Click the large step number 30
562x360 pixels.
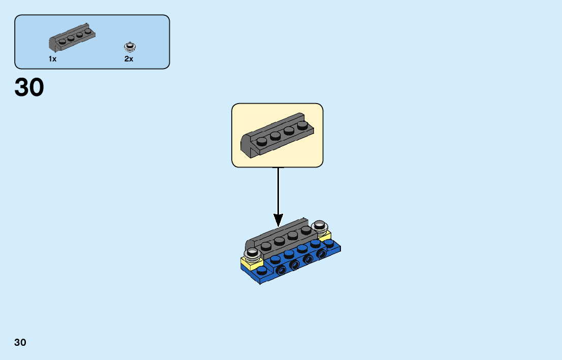pyautogui.click(x=29, y=88)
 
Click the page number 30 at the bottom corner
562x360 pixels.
pyautogui.click(x=20, y=342)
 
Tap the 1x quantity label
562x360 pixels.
pyautogui.click(x=52, y=59)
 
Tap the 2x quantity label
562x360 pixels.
pyautogui.click(x=129, y=59)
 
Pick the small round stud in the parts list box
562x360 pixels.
pyautogui.click(x=131, y=47)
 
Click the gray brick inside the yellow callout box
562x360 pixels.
pyautogui.click(x=277, y=134)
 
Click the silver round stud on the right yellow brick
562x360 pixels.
pyautogui.click(x=320, y=225)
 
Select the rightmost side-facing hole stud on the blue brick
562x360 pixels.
pyautogui.click(x=321, y=254)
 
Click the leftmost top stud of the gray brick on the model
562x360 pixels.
pyautogui.click(x=266, y=246)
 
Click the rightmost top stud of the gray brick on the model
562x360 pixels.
pyautogui.click(x=306, y=230)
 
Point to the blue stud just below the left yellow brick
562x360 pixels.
pyautogui.click(x=261, y=270)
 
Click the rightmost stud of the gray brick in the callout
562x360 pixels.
pyautogui.click(x=303, y=125)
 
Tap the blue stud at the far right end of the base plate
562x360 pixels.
pyautogui.click(x=330, y=244)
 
